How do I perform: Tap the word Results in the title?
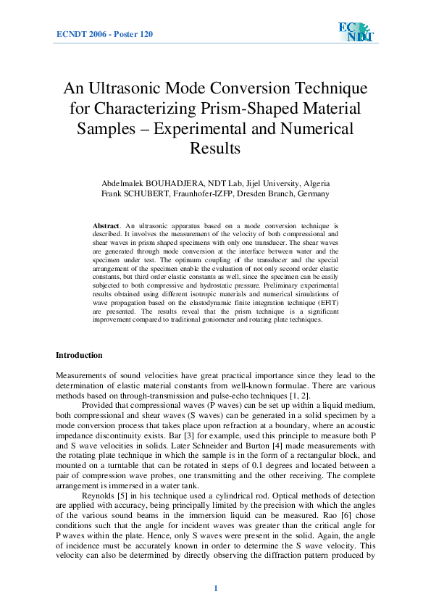tap(214, 149)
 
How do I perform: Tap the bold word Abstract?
tap(108, 227)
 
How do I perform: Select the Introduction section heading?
tap(80, 356)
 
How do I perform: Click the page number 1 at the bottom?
tap(215, 588)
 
